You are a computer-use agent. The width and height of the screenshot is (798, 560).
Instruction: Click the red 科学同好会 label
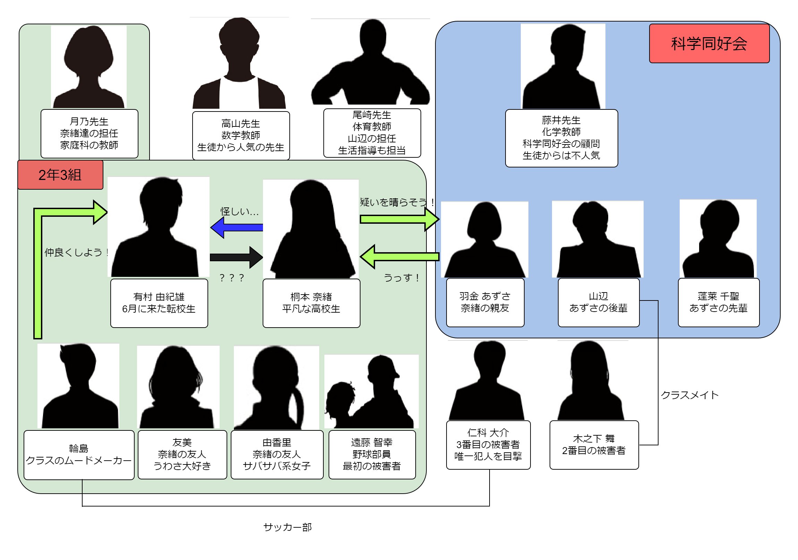pyautogui.click(x=709, y=43)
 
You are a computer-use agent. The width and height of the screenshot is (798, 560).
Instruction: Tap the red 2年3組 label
pyautogui.click(x=60, y=175)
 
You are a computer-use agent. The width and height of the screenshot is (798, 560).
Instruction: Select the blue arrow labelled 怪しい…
pyautogui.click(x=236, y=228)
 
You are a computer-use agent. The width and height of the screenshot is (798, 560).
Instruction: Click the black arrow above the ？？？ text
pyautogui.click(x=236, y=257)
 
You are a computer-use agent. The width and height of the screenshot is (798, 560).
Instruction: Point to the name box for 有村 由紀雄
pyautogui.click(x=159, y=303)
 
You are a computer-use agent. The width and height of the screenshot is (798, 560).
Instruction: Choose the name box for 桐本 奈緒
pyautogui.click(x=311, y=303)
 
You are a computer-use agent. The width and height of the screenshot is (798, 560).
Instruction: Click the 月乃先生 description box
pyautogui.click(x=89, y=133)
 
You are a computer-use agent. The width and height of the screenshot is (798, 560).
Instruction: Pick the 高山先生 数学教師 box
pyautogui.click(x=240, y=135)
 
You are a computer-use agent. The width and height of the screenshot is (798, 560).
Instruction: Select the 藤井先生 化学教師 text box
pyautogui.click(x=561, y=138)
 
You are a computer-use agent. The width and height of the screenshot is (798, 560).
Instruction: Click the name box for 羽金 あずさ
pyautogui.click(x=485, y=302)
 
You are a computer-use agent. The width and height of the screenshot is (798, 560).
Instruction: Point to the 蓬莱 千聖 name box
pyautogui.click(x=718, y=302)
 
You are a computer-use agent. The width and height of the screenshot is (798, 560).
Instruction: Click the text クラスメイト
pyautogui.click(x=689, y=395)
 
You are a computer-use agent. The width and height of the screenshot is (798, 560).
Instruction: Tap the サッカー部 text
pyautogui.click(x=287, y=527)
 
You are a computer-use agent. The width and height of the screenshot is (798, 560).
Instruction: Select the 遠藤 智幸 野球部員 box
pyautogui.click(x=372, y=454)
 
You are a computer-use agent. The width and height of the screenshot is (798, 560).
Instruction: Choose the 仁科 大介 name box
pyautogui.click(x=488, y=444)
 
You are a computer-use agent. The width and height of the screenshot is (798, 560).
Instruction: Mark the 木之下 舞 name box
pyautogui.click(x=594, y=444)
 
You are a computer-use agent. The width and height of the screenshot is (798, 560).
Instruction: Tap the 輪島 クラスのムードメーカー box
pyautogui.click(x=79, y=454)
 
